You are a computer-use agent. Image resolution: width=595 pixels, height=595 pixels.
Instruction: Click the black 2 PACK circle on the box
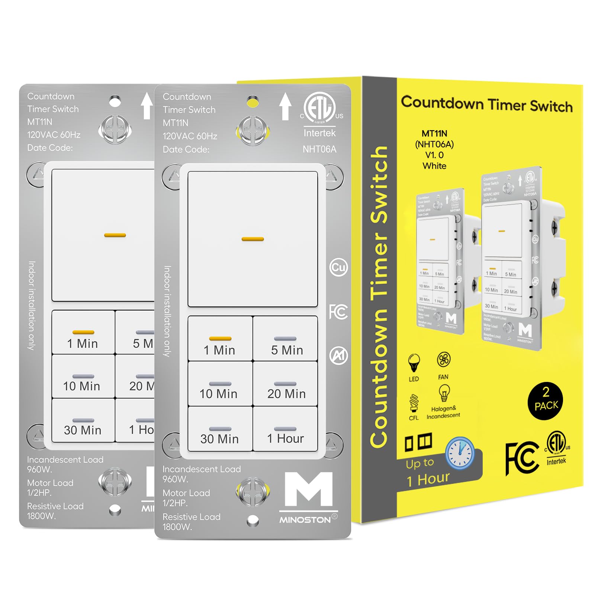click(x=545, y=401)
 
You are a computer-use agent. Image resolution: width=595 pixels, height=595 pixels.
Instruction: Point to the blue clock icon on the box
click(x=460, y=453)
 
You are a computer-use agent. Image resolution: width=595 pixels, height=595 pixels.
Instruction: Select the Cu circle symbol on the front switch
click(x=338, y=267)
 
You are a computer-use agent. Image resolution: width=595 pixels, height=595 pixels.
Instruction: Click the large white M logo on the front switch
click(x=309, y=489)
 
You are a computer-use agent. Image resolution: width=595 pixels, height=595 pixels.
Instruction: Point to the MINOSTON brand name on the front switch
click(x=305, y=520)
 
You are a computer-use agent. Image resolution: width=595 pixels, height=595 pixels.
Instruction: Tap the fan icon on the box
click(x=444, y=360)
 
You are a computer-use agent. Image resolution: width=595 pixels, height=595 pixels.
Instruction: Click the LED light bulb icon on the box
click(x=414, y=363)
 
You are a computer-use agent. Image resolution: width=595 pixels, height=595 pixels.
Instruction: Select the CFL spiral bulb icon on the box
click(x=414, y=403)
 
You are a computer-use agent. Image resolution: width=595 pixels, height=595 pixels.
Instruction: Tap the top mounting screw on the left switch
click(x=115, y=129)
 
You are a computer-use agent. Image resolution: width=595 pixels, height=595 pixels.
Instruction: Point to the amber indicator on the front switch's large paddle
click(x=253, y=239)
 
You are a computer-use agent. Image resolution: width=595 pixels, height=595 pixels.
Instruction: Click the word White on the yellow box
click(x=434, y=166)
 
